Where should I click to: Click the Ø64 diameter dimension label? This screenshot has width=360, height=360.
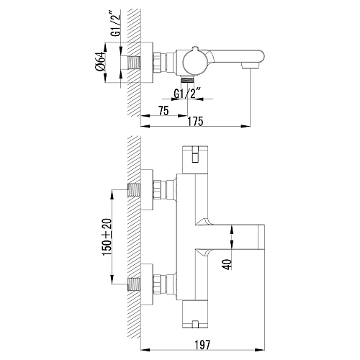coord(101,61)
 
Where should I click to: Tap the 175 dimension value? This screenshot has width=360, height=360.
coord(195,122)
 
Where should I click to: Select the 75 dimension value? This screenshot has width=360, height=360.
coord(163,111)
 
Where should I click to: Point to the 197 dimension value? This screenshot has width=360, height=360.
coord(202,345)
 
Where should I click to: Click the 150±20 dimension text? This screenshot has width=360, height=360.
coord(107,237)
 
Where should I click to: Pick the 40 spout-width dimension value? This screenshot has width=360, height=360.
coord(228,264)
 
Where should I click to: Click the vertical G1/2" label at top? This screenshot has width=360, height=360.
coord(117,24)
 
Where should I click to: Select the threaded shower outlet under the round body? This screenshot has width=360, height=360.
coord(187,79)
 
